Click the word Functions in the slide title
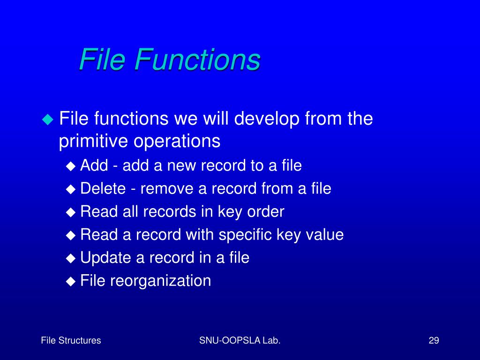(x=197, y=60)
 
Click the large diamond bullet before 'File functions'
(x=48, y=119)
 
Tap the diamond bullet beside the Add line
(x=70, y=165)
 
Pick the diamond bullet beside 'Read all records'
(x=70, y=212)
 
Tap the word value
(x=324, y=234)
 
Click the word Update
(x=104, y=257)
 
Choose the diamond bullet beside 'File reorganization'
(x=70, y=281)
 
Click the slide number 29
(x=434, y=341)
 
